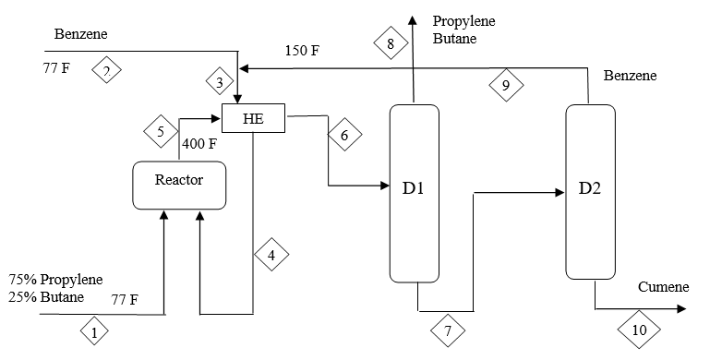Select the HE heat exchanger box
(x=254, y=118)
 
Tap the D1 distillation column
(x=414, y=191)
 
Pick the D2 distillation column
(x=590, y=191)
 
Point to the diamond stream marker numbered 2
(x=107, y=70)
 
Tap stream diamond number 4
(x=271, y=256)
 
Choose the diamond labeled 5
(x=162, y=132)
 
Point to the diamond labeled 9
(x=505, y=86)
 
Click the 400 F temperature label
(x=200, y=144)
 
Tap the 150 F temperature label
(x=302, y=50)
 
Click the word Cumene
(x=663, y=287)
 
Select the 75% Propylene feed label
(x=56, y=280)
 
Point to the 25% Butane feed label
(x=46, y=296)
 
